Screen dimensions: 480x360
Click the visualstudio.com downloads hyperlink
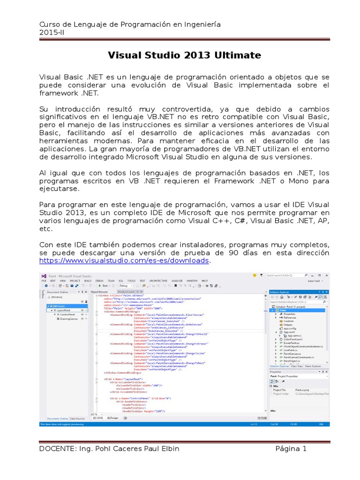coord(124,260)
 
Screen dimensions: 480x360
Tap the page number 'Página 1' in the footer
coord(291,449)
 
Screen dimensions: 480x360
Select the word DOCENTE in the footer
coord(58,449)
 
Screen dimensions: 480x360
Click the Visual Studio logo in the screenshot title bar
coord(44,276)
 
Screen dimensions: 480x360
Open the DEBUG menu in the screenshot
coord(100,280)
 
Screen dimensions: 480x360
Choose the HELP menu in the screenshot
coord(204,280)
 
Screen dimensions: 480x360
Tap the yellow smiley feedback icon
coord(255,276)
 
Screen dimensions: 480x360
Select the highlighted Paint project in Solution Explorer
coord(284,310)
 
